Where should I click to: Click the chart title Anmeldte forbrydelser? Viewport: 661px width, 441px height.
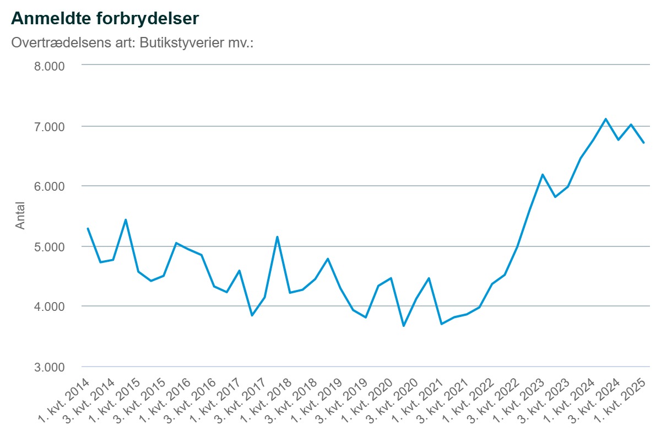point(105,18)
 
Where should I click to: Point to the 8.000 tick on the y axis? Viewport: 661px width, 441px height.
point(50,66)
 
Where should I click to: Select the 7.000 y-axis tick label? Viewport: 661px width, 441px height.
point(50,126)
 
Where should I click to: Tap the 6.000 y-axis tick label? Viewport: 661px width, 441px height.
point(50,186)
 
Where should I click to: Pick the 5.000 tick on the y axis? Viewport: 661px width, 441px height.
point(50,246)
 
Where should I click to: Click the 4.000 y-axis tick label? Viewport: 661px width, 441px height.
point(50,306)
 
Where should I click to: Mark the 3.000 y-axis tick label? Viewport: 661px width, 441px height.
point(50,367)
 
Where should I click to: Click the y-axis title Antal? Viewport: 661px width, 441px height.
point(20,217)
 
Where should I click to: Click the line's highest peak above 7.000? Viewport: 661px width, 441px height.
point(605,119)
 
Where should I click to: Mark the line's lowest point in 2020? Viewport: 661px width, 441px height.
point(404,326)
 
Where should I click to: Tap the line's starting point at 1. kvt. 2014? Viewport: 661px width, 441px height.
point(88,228)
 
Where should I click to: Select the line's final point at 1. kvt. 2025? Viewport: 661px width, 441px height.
point(643,143)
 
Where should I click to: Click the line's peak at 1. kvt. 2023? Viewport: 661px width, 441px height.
point(543,175)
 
